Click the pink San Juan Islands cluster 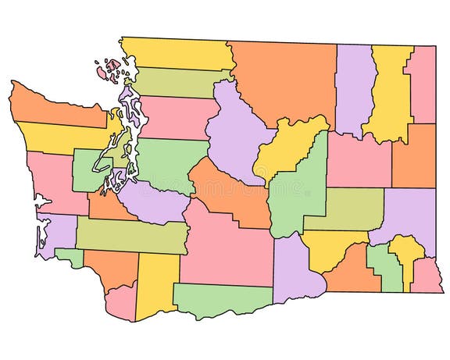tap(107, 70)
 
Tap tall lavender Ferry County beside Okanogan tap(355, 86)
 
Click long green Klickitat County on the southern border tap(219, 300)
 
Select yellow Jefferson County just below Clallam tap(59, 137)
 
